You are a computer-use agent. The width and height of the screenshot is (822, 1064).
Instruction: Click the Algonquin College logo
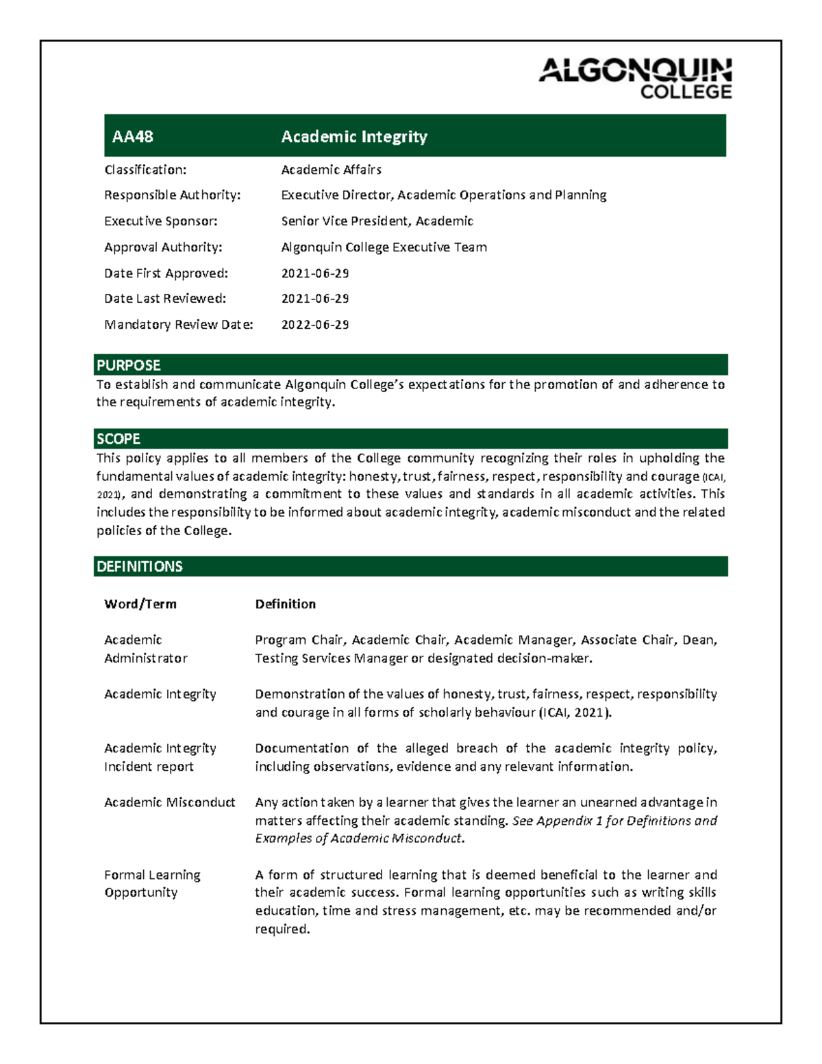click(x=635, y=78)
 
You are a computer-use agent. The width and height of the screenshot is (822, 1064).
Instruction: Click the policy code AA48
click(x=132, y=136)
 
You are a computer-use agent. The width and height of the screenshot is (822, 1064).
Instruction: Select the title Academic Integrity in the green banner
click(x=354, y=136)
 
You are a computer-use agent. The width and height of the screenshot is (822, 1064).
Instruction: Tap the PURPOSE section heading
click(x=129, y=365)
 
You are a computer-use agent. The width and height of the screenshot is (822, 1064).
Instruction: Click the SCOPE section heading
click(x=119, y=438)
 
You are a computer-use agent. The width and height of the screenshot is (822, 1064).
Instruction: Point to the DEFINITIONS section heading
click(x=140, y=567)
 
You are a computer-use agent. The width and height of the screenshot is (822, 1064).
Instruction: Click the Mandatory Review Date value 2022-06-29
click(x=315, y=325)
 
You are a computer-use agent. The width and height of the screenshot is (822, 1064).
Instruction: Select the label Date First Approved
click(x=166, y=273)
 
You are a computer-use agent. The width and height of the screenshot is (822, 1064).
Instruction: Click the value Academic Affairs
click(x=331, y=169)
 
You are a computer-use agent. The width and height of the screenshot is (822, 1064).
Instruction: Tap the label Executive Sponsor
click(x=160, y=221)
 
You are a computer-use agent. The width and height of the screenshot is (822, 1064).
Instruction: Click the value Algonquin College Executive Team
click(x=384, y=247)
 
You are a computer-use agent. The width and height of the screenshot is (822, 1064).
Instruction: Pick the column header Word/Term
click(x=140, y=604)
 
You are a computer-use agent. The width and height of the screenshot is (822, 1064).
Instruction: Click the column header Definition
click(x=286, y=604)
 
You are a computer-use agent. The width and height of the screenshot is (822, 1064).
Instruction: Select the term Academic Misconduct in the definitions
click(x=169, y=802)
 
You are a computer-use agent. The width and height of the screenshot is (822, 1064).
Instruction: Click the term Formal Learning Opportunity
click(x=152, y=884)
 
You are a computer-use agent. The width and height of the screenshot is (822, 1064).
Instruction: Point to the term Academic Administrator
click(x=145, y=649)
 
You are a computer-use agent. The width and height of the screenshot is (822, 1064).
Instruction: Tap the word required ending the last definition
click(x=282, y=929)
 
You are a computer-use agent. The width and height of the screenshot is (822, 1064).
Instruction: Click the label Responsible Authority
click(x=172, y=195)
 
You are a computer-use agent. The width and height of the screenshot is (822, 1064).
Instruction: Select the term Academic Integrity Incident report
click(x=160, y=757)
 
